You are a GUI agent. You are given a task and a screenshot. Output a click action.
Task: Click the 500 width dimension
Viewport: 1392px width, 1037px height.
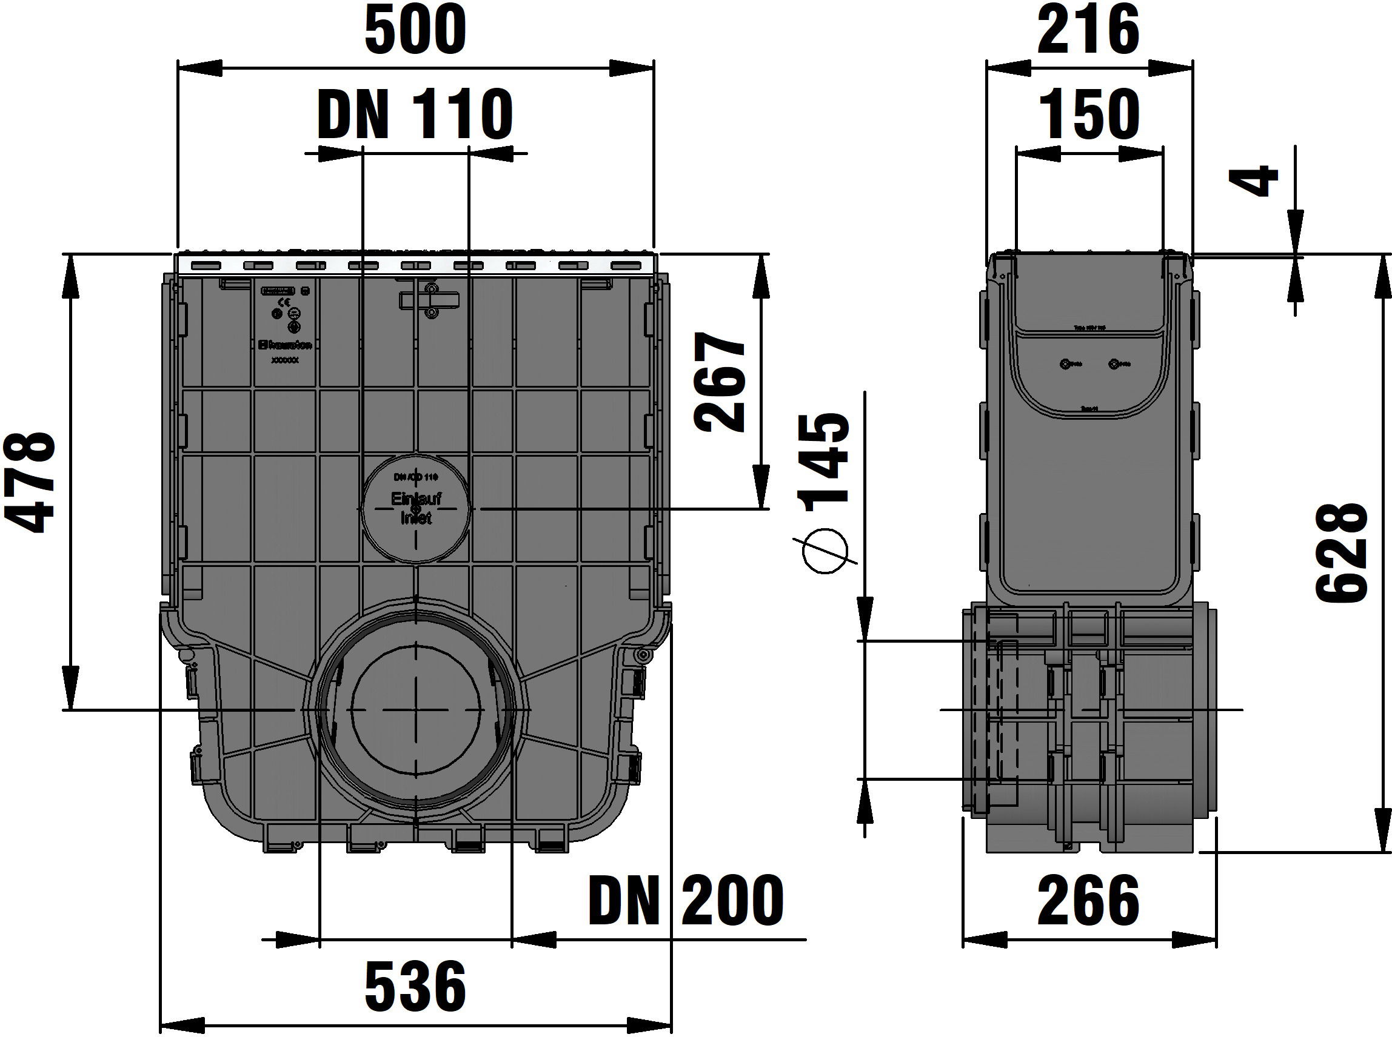tap(415, 29)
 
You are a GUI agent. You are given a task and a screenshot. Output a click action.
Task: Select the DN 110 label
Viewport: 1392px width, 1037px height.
tap(415, 115)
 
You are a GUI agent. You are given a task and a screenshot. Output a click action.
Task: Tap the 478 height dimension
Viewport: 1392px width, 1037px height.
tap(28, 482)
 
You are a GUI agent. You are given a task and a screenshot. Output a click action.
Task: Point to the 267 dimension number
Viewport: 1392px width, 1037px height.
tap(721, 383)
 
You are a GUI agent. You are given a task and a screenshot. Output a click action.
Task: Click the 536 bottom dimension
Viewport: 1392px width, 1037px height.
tap(415, 986)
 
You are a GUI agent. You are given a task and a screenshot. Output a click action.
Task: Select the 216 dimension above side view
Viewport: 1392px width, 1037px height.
tap(1088, 29)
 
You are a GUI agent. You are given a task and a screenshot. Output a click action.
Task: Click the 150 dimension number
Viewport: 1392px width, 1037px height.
tap(1089, 115)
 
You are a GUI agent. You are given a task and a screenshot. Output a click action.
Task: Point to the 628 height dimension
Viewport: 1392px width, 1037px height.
tap(1342, 552)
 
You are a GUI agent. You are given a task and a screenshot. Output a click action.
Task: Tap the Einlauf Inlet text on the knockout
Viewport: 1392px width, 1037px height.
tap(415, 508)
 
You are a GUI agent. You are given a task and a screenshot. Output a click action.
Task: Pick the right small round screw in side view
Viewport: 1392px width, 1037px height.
tap(1114, 364)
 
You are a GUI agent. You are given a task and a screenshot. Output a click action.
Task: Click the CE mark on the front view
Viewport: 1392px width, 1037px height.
tap(276, 313)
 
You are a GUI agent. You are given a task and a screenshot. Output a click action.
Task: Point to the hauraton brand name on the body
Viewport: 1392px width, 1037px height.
tap(286, 345)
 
